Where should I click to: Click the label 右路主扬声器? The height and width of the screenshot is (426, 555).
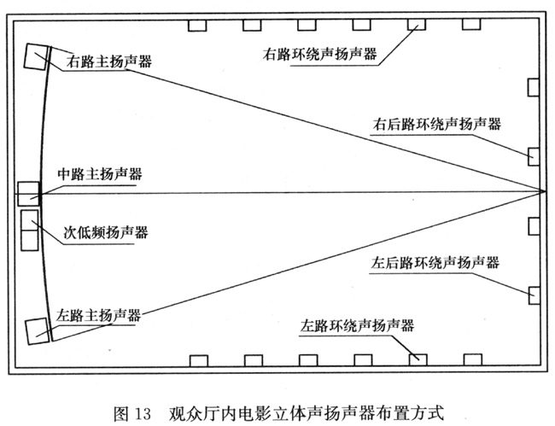[109, 61]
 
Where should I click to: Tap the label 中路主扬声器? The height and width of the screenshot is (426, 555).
[100, 173]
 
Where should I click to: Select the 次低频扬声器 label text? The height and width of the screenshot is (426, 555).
[106, 232]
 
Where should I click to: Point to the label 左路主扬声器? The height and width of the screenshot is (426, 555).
[98, 314]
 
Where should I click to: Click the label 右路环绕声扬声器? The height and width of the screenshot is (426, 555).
[319, 54]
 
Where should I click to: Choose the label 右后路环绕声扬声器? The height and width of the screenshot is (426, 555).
[437, 124]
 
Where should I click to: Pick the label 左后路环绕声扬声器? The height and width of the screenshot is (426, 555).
[435, 263]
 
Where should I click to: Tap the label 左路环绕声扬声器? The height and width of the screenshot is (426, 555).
[357, 325]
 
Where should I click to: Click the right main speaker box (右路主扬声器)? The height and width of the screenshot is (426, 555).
[36, 56]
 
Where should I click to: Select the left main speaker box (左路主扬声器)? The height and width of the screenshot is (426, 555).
[38, 331]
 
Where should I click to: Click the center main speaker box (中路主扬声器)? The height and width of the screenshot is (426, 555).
[28, 194]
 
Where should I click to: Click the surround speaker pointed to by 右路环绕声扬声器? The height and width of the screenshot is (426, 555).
[417, 25]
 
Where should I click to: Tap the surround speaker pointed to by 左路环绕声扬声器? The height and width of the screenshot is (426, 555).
[418, 360]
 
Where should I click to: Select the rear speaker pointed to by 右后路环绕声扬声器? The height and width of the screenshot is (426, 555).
[534, 157]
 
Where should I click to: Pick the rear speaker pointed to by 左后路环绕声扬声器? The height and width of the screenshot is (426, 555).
[535, 295]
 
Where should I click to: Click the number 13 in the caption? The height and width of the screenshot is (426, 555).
[143, 413]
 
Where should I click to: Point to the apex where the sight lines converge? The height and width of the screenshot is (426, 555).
[545, 191]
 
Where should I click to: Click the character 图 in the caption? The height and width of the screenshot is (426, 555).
[121, 413]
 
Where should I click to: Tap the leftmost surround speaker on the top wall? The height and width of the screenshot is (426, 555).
[196, 26]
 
